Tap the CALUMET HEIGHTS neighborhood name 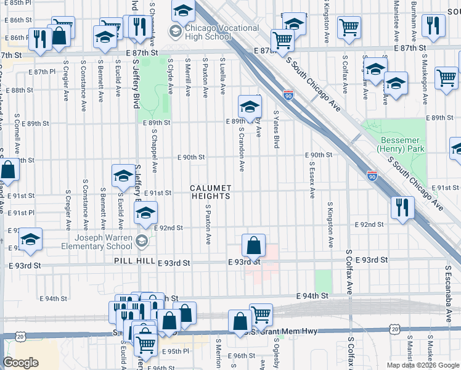click(x=210, y=192)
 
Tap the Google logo click(x=20, y=363)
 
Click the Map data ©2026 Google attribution click(x=422, y=365)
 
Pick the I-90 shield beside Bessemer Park click(x=372, y=176)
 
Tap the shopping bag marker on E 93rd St click(x=253, y=245)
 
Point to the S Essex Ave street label click(x=312, y=179)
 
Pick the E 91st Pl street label click(x=22, y=213)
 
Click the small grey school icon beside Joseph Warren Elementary click(x=142, y=240)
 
